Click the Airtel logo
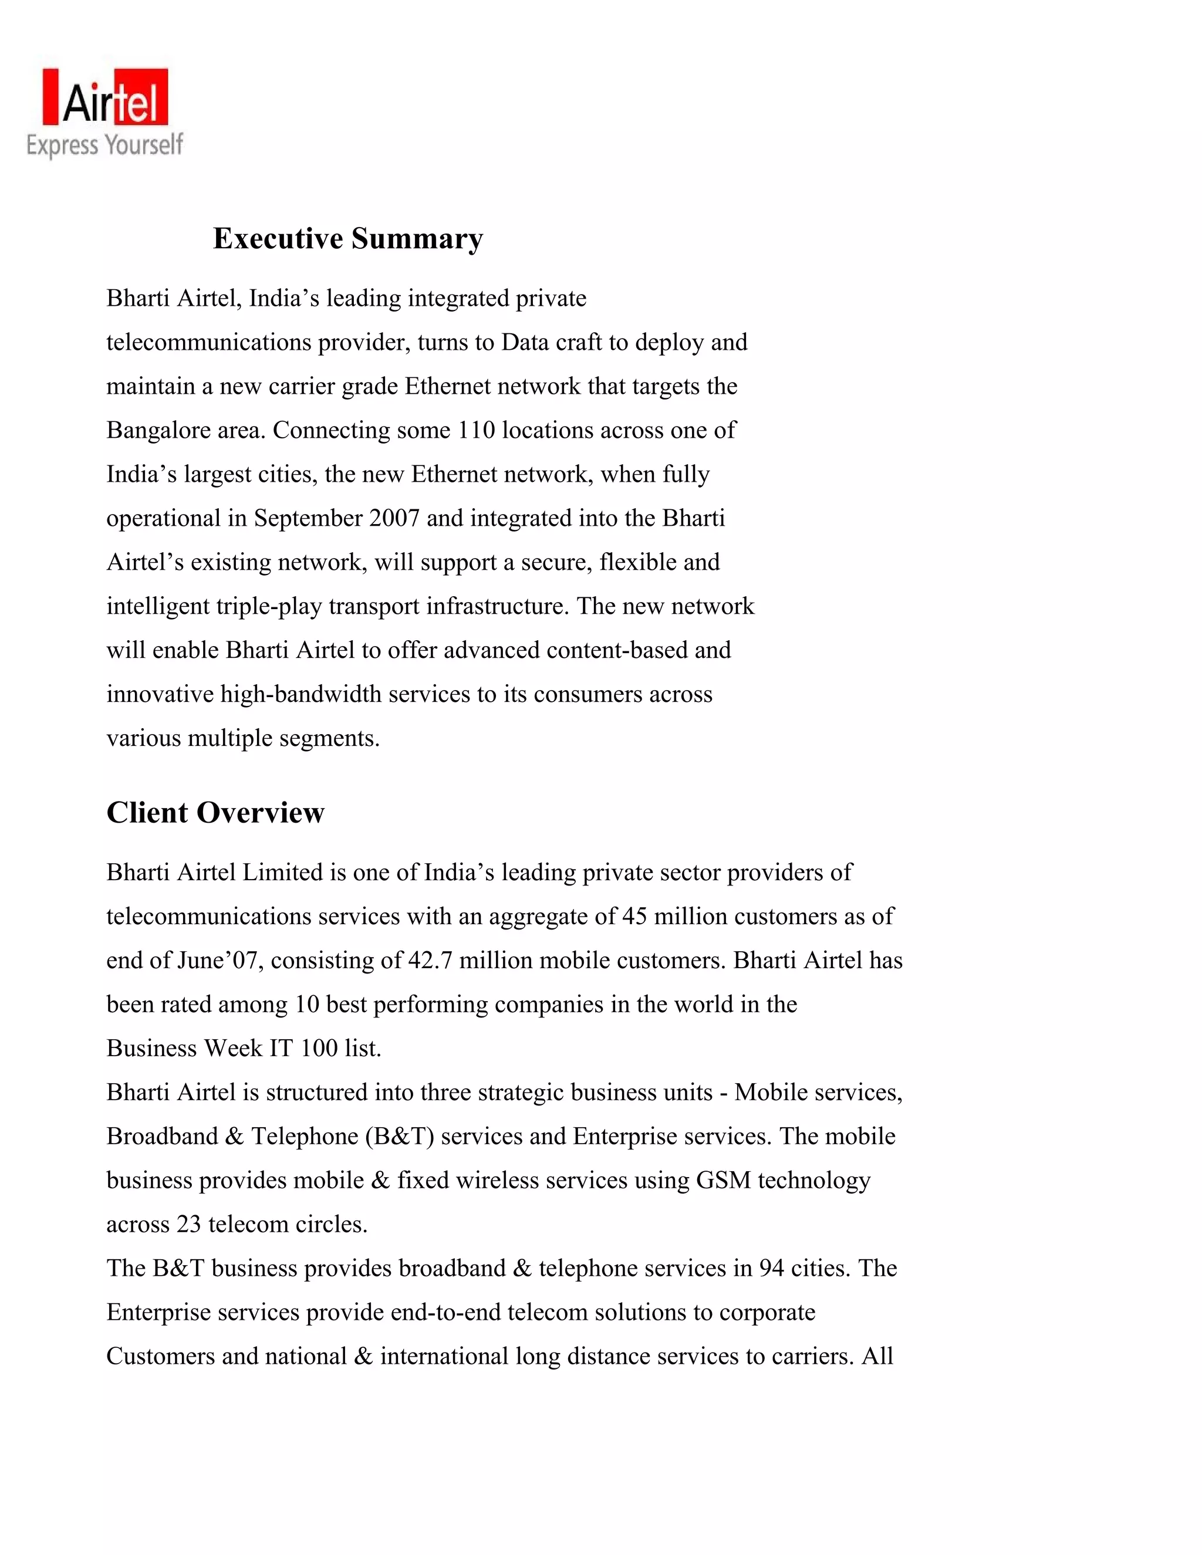[106, 97]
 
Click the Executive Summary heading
[347, 238]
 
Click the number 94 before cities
[772, 1269]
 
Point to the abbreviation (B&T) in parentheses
[400, 1137]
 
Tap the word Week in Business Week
[233, 1048]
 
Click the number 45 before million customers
[634, 917]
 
